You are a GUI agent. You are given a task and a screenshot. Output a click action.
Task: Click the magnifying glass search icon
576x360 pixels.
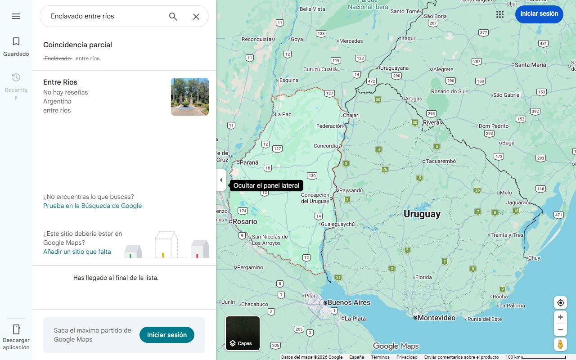coord(173,17)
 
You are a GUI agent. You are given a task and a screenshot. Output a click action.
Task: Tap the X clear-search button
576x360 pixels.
coord(196,17)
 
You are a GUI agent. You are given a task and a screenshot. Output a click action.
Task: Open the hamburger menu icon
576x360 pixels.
coord(16,16)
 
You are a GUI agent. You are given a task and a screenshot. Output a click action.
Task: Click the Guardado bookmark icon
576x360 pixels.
coord(16,42)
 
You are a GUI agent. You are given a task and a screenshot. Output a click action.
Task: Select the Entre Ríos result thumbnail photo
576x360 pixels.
coord(190,97)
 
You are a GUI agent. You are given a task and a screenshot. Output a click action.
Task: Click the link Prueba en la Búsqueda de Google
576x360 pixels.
coord(92,206)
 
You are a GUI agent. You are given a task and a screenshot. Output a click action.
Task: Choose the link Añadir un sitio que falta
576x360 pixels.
coord(77,252)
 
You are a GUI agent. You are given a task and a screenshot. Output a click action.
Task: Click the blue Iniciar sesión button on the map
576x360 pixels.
coord(539,14)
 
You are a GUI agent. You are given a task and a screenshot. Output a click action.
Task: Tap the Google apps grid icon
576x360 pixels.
coord(500,14)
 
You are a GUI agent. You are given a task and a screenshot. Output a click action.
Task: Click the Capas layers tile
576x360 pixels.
coord(243,333)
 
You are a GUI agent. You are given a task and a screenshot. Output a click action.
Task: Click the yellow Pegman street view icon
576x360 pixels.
coord(560,345)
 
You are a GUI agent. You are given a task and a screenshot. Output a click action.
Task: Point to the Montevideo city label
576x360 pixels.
coord(436,318)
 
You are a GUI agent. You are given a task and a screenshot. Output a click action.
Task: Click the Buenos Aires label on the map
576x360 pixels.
coord(349,302)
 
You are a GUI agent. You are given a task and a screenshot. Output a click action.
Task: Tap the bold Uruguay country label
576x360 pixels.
coord(422,214)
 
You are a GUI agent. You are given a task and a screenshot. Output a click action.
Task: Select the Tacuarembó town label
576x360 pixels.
coord(441,161)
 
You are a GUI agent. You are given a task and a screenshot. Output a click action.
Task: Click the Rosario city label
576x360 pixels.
coord(245,221)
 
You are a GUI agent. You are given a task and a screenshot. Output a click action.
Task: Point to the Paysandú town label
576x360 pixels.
coord(351,190)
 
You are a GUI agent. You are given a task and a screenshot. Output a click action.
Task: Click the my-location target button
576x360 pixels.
coord(560,303)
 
